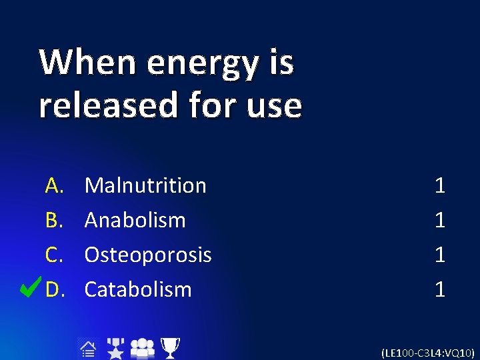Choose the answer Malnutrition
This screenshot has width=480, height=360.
145,185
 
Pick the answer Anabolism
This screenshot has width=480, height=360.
135,220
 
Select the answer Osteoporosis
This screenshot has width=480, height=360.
148,255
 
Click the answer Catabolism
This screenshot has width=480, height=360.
138,289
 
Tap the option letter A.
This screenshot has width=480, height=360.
54,185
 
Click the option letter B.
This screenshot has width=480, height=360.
54,220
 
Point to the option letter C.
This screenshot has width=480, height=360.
54,255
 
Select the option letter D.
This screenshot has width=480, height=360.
54,289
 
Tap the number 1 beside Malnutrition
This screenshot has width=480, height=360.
439,185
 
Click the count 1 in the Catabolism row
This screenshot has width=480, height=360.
439,289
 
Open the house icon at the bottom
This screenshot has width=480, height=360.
87,347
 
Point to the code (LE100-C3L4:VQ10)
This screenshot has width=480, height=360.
427,352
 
